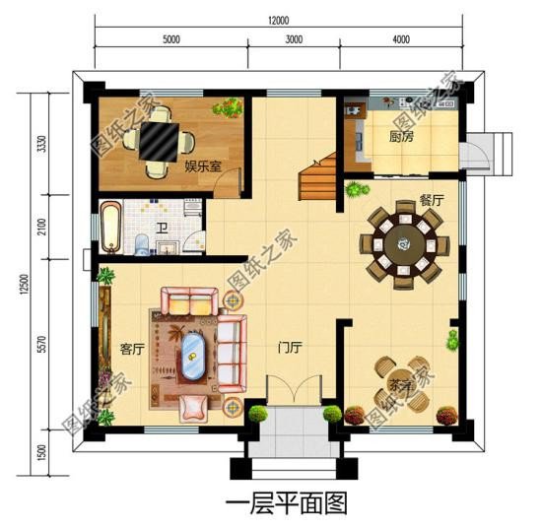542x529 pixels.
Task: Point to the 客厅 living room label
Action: pyautogui.click(x=132, y=348)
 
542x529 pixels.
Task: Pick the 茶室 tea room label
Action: pyautogui.click(x=399, y=384)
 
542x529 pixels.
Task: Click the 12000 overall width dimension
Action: pyautogui.click(x=278, y=21)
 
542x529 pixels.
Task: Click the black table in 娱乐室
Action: pyautogui.click(x=158, y=142)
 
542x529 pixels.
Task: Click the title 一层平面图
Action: pyautogui.click(x=287, y=504)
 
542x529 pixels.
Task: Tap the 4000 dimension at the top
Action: pyautogui.click(x=399, y=40)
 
